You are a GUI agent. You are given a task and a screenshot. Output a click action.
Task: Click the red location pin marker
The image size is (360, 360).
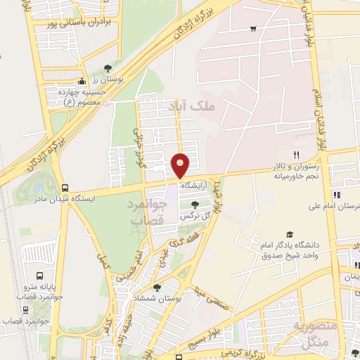click(x=181, y=165)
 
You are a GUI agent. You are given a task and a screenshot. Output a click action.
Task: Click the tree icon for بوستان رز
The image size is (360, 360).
click(x=107, y=67)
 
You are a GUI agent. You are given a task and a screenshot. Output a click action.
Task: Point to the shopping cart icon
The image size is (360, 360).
click(x=252, y=29)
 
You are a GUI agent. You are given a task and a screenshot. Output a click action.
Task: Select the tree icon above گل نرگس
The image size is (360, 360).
click(x=194, y=204)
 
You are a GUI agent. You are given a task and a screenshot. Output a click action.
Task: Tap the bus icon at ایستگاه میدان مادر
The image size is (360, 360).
click(x=65, y=188)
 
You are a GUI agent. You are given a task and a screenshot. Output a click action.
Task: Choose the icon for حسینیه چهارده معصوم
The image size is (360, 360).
click(x=82, y=80)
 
